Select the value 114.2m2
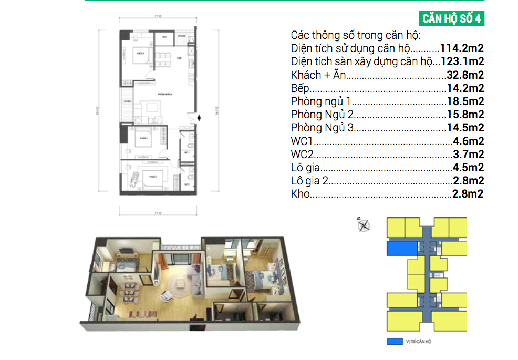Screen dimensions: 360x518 462,48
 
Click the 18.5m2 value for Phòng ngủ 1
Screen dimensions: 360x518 465,101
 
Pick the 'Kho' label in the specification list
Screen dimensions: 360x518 299,194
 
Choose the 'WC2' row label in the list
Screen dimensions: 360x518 302,154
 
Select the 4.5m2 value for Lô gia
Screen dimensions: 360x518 468,168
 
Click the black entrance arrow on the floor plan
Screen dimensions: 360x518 197,118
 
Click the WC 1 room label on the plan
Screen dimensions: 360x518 186,152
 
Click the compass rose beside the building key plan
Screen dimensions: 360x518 363,226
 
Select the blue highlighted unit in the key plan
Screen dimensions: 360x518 401,248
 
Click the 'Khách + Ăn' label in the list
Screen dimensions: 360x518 318,75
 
